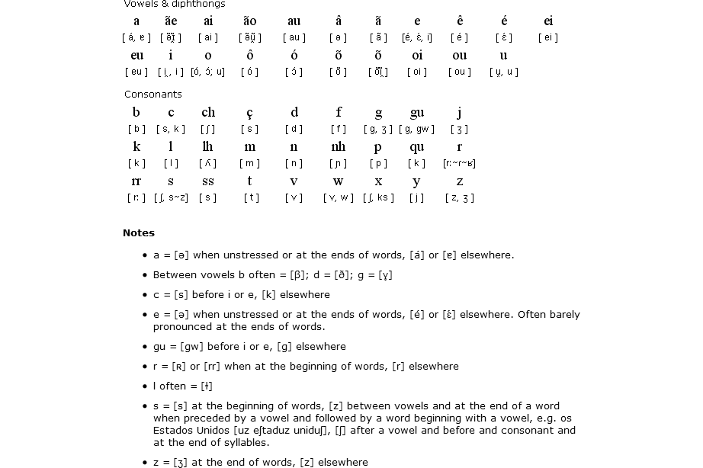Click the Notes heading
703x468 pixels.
point(139,233)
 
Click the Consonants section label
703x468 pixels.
point(153,95)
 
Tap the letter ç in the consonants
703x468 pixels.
point(250,113)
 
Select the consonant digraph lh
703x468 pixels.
point(207,147)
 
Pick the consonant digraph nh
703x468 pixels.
point(338,147)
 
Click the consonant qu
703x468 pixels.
point(416,147)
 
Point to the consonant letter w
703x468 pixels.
point(338,181)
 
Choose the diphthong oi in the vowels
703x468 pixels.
point(416,56)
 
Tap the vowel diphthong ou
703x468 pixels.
point(459,56)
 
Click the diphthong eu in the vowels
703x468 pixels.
point(136,56)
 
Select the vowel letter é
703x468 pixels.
point(504,21)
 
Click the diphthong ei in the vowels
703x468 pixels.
point(548,21)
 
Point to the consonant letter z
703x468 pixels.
point(459,181)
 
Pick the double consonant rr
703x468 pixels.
point(136,181)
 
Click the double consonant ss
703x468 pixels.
point(207,181)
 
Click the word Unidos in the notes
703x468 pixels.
point(217,431)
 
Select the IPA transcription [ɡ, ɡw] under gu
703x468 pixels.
point(416,130)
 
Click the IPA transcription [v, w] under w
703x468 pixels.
point(338,198)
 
